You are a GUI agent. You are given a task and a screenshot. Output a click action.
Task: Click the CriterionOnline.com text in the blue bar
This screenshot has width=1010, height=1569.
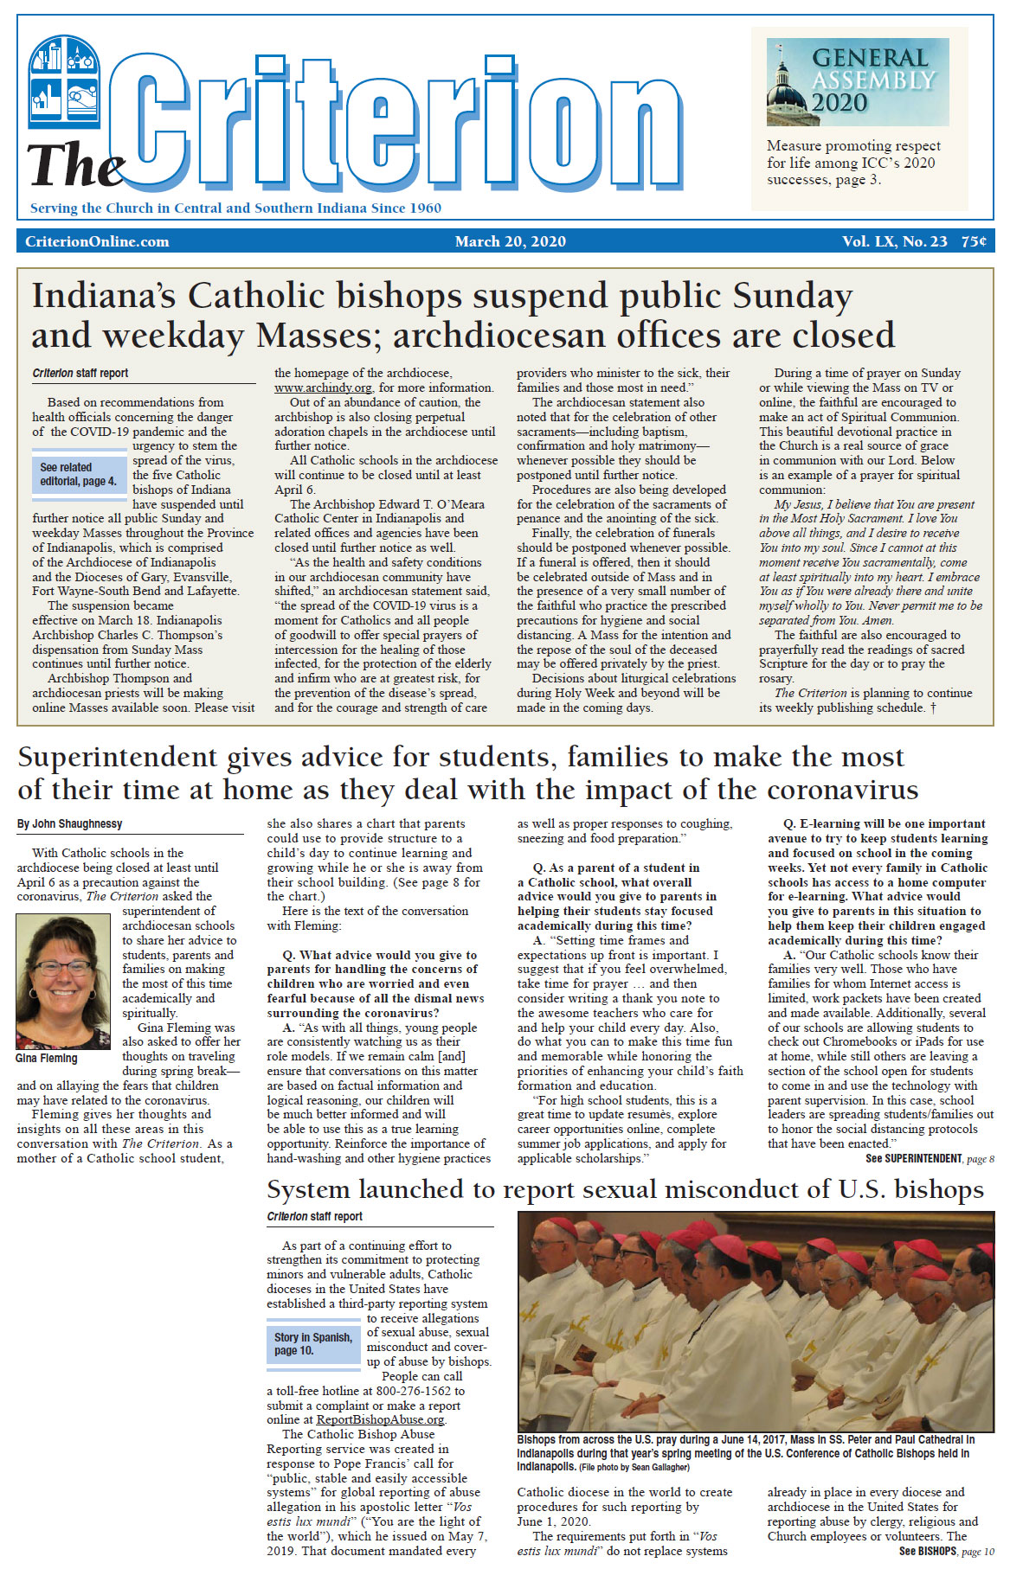click(x=97, y=241)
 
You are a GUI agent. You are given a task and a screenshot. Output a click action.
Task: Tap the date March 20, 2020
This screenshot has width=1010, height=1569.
click(x=511, y=241)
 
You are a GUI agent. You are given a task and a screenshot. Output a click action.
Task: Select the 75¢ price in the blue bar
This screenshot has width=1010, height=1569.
click(x=974, y=241)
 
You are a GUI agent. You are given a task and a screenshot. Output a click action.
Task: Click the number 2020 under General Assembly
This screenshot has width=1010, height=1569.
click(x=839, y=103)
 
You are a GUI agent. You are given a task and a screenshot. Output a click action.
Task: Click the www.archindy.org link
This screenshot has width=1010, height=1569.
click(x=323, y=388)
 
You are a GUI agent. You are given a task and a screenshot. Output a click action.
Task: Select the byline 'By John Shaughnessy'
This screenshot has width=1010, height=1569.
click(x=69, y=824)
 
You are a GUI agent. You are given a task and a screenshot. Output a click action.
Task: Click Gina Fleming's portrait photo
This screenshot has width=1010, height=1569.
click(x=63, y=982)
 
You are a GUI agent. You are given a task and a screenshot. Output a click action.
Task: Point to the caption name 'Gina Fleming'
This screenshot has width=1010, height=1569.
click(x=46, y=1058)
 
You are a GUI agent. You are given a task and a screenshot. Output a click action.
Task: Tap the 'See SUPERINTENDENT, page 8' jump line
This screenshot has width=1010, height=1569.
click(x=930, y=1158)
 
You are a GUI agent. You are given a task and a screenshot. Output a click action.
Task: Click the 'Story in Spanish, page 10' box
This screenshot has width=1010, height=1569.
click(x=313, y=1343)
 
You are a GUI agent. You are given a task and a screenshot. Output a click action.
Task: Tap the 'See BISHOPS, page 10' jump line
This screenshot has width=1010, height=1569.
click(x=946, y=1551)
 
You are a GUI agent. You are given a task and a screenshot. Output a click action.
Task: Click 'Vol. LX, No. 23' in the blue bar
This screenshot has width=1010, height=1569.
click(x=894, y=241)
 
